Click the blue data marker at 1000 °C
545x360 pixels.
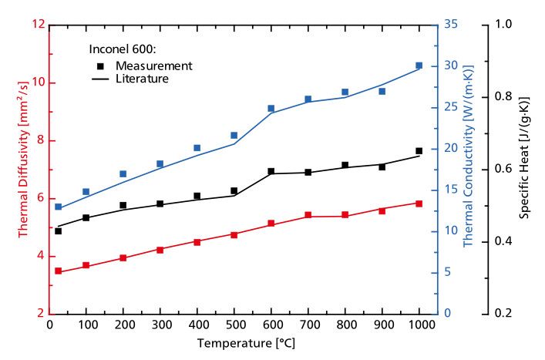(419, 66)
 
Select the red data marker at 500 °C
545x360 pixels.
(234, 234)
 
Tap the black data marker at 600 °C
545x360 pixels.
(271, 171)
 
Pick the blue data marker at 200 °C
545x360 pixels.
(123, 174)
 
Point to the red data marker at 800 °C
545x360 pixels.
(345, 215)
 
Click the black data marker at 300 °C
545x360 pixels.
(160, 204)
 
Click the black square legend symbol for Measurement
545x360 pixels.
(100, 66)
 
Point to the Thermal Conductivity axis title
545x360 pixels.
(468, 168)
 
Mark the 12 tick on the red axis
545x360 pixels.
(37, 25)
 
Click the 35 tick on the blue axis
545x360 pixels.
(452, 25)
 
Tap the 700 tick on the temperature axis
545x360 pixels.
(308, 326)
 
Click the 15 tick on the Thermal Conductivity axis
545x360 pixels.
(452, 190)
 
